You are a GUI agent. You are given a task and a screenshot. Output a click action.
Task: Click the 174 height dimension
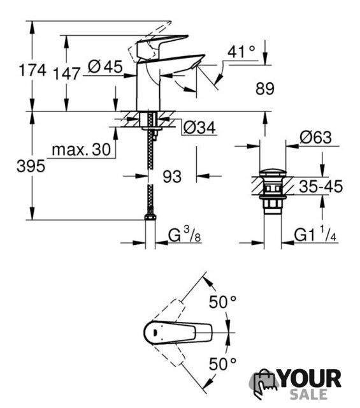tap(32, 70)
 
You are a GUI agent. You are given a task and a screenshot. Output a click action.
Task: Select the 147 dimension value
tap(67, 74)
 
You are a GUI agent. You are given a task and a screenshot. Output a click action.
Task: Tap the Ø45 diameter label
tap(105, 66)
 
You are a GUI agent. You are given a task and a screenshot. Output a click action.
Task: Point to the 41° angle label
tap(241, 52)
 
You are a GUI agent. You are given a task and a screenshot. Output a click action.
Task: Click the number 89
tap(265, 89)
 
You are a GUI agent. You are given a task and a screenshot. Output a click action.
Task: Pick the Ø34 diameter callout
tap(199, 127)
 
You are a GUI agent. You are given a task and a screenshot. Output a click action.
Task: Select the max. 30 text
tap(82, 150)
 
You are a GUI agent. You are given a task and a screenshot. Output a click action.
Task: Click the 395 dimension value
tap(31, 166)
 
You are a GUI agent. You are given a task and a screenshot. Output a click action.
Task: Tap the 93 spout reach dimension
tap(172, 177)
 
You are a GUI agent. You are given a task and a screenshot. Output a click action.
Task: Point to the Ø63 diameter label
tap(315, 137)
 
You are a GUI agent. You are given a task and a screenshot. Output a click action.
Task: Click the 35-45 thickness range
tap(320, 186)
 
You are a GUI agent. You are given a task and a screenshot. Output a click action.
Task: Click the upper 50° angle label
tap(222, 302)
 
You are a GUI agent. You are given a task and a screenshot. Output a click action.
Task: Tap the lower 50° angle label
tap(222, 364)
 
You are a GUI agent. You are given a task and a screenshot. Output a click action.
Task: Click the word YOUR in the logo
tap(310, 379)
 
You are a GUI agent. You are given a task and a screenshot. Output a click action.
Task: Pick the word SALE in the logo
tap(308, 394)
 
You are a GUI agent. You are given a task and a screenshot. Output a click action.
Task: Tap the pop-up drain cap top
tap(273, 173)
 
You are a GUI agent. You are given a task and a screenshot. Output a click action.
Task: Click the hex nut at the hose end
tap(150, 217)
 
